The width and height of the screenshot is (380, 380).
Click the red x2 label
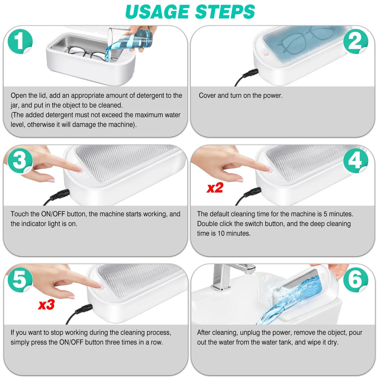point(215,188)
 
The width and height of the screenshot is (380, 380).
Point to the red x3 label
point(46,305)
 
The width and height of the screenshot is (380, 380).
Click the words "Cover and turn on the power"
point(240,95)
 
